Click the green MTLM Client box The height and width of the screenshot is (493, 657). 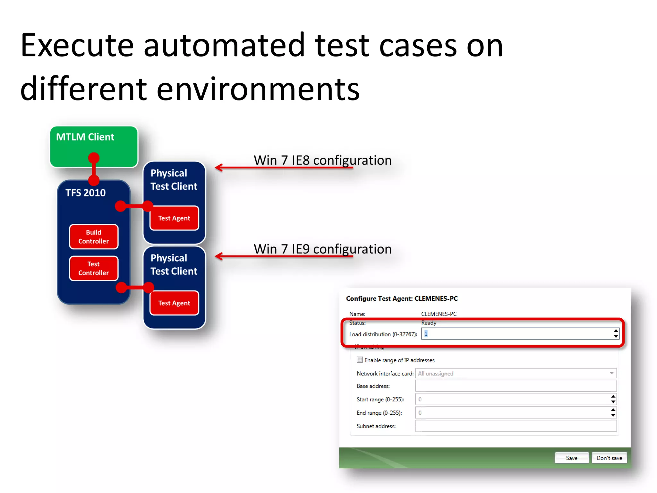tap(94, 146)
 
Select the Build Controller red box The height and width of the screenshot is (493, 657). tap(94, 237)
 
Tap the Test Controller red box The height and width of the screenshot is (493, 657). tap(94, 268)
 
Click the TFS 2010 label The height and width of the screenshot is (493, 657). tap(85, 193)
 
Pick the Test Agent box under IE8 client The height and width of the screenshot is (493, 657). tap(174, 218)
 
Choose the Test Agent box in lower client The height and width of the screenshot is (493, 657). tap(174, 303)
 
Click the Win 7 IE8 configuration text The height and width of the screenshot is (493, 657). tap(322, 160)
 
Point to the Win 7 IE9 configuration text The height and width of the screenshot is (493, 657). tap(322, 249)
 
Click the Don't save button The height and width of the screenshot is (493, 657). tap(609, 458)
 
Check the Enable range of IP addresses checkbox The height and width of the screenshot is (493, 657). tap(360, 360)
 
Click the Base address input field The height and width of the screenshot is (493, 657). tap(516, 386)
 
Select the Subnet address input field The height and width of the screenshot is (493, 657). tap(516, 426)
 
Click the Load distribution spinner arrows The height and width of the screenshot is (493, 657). tap(616, 334)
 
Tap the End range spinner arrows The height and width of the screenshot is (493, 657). tap(613, 413)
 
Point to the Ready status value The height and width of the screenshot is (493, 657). tap(429, 323)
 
